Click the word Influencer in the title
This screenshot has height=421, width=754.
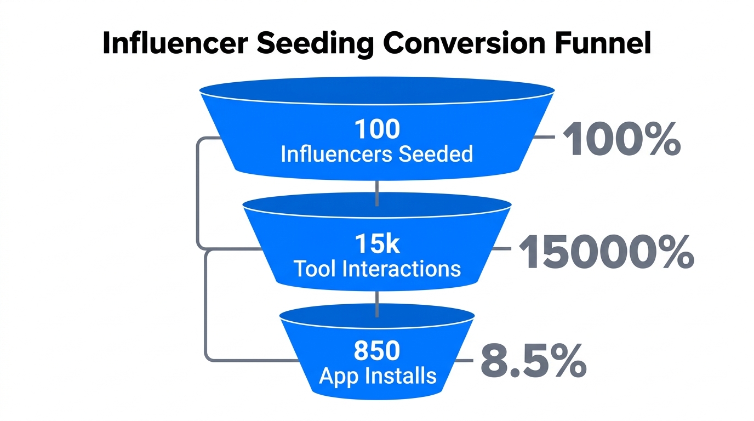pos(175,44)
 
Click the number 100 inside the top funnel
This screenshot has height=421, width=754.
pos(377,129)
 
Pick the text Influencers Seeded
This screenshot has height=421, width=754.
pos(377,154)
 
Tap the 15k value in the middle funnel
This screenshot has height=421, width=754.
pos(377,244)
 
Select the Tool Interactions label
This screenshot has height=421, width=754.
pos(377,269)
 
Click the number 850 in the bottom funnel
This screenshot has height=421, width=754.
pos(377,351)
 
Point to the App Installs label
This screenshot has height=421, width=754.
pos(378,376)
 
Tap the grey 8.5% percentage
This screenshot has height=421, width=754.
pos(533,362)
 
